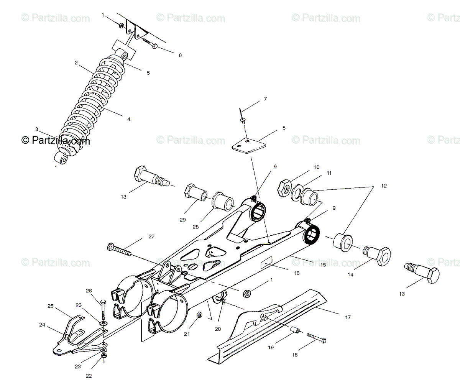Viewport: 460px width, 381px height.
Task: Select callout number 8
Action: point(284,128)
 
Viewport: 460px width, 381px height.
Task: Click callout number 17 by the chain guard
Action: point(347,317)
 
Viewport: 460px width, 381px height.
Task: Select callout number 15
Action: point(323,264)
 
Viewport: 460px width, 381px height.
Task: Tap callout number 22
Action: point(89,376)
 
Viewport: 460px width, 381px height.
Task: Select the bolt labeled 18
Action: point(316,337)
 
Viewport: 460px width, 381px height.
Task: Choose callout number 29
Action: point(182,220)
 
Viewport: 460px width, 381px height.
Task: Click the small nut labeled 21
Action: point(199,315)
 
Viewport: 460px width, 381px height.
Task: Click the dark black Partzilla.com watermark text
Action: point(56,141)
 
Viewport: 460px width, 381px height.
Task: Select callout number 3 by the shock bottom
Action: point(36,129)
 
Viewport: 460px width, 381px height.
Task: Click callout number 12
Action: point(384,186)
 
